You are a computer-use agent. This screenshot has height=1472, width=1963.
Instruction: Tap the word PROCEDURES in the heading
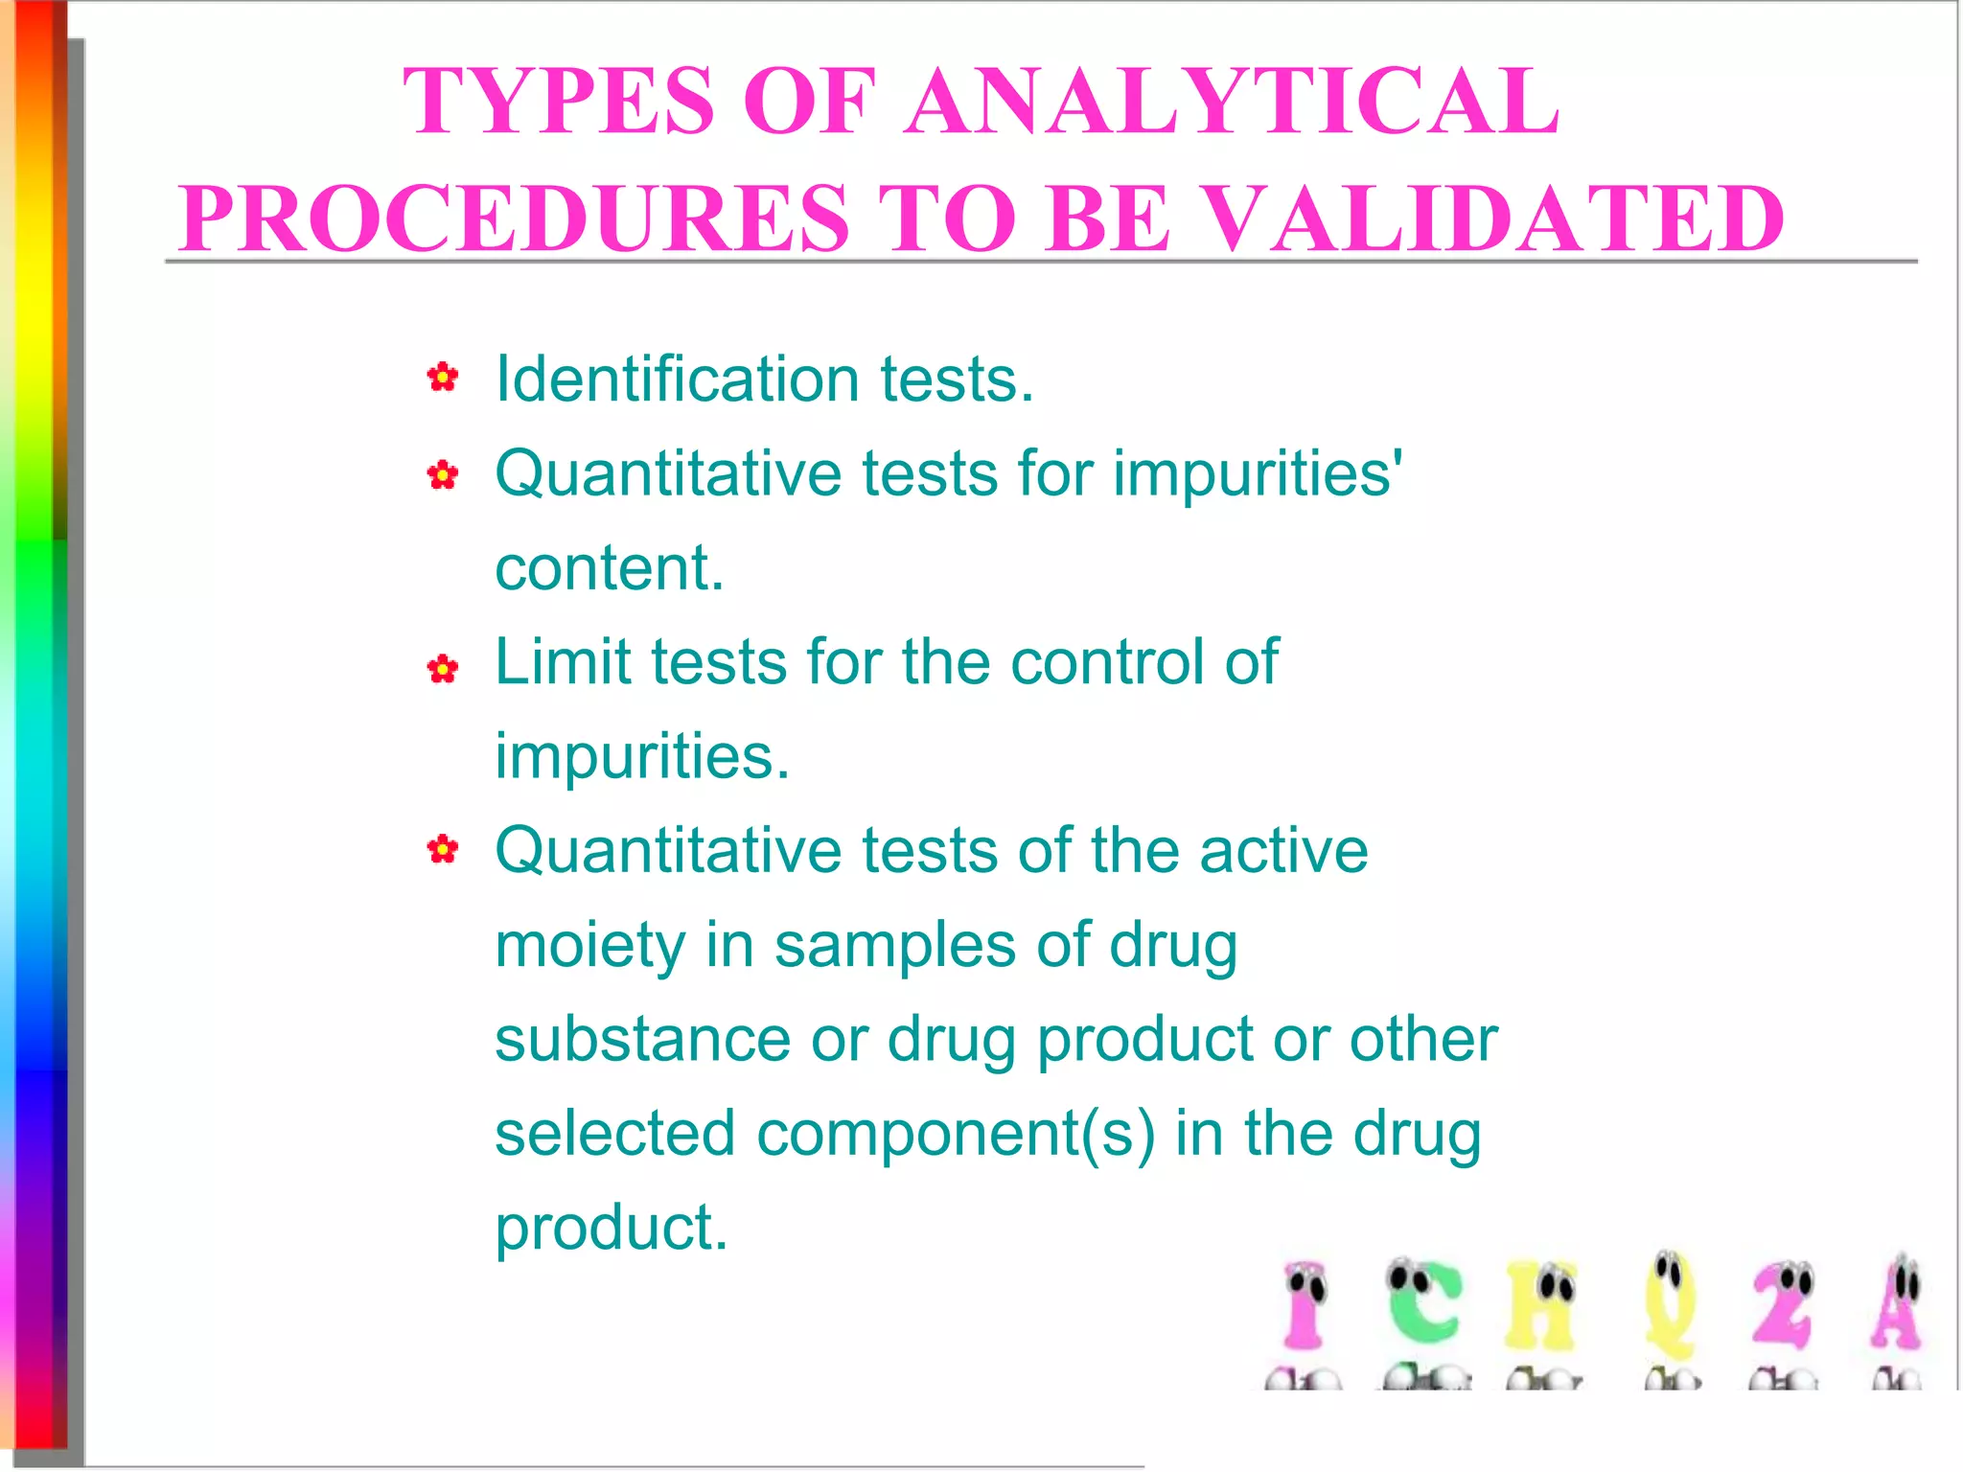point(514,218)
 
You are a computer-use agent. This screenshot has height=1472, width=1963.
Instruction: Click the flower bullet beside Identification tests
point(443,378)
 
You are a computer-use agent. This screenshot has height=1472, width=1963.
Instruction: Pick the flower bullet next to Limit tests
point(443,668)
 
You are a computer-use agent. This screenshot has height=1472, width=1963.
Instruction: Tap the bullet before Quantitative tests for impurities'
point(443,473)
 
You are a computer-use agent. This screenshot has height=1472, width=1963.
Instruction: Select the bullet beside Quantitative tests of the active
point(443,849)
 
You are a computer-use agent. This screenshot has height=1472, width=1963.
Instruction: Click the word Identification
point(677,379)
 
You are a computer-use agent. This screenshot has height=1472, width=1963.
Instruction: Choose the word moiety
point(589,946)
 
